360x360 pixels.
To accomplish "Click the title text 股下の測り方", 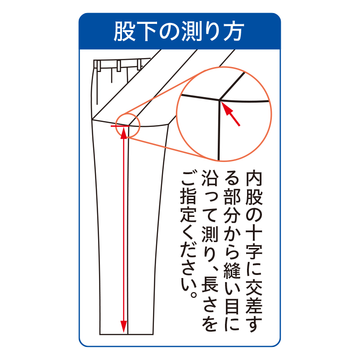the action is click(x=179, y=31).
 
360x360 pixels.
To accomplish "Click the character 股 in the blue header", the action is click(x=124, y=31).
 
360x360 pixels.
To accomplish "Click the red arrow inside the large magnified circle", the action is click(x=231, y=115).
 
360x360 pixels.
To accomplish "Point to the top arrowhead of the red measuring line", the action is click(x=124, y=133).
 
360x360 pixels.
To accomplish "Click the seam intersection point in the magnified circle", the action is click(x=220, y=100).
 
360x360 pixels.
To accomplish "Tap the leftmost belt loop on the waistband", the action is click(x=99, y=66).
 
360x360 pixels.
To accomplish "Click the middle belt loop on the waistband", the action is click(x=119, y=66).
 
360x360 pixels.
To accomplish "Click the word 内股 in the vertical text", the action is click(x=254, y=189).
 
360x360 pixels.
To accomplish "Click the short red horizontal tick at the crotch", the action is click(x=120, y=126).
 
